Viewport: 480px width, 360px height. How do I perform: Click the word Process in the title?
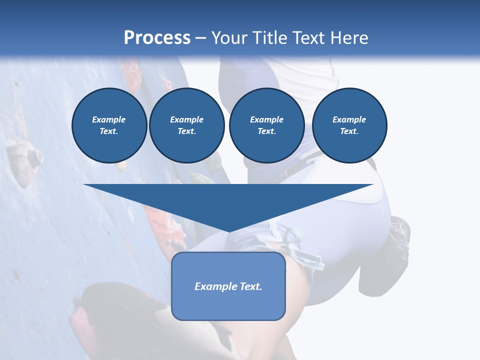click(x=157, y=38)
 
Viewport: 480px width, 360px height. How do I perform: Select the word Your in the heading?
click(x=229, y=38)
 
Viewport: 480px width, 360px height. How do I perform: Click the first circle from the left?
click(x=109, y=125)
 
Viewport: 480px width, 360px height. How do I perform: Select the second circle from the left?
click(x=187, y=125)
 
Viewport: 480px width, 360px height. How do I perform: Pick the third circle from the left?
click(x=267, y=125)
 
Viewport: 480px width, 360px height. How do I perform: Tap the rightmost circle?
click(x=349, y=125)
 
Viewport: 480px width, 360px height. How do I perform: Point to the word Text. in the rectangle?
click(x=251, y=286)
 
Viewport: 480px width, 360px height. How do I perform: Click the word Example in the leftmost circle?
click(x=109, y=119)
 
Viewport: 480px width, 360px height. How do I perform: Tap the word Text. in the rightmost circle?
click(x=349, y=131)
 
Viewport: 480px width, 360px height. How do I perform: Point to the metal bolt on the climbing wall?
click(x=33, y=158)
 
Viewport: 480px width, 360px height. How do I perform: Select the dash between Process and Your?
click(x=200, y=38)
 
